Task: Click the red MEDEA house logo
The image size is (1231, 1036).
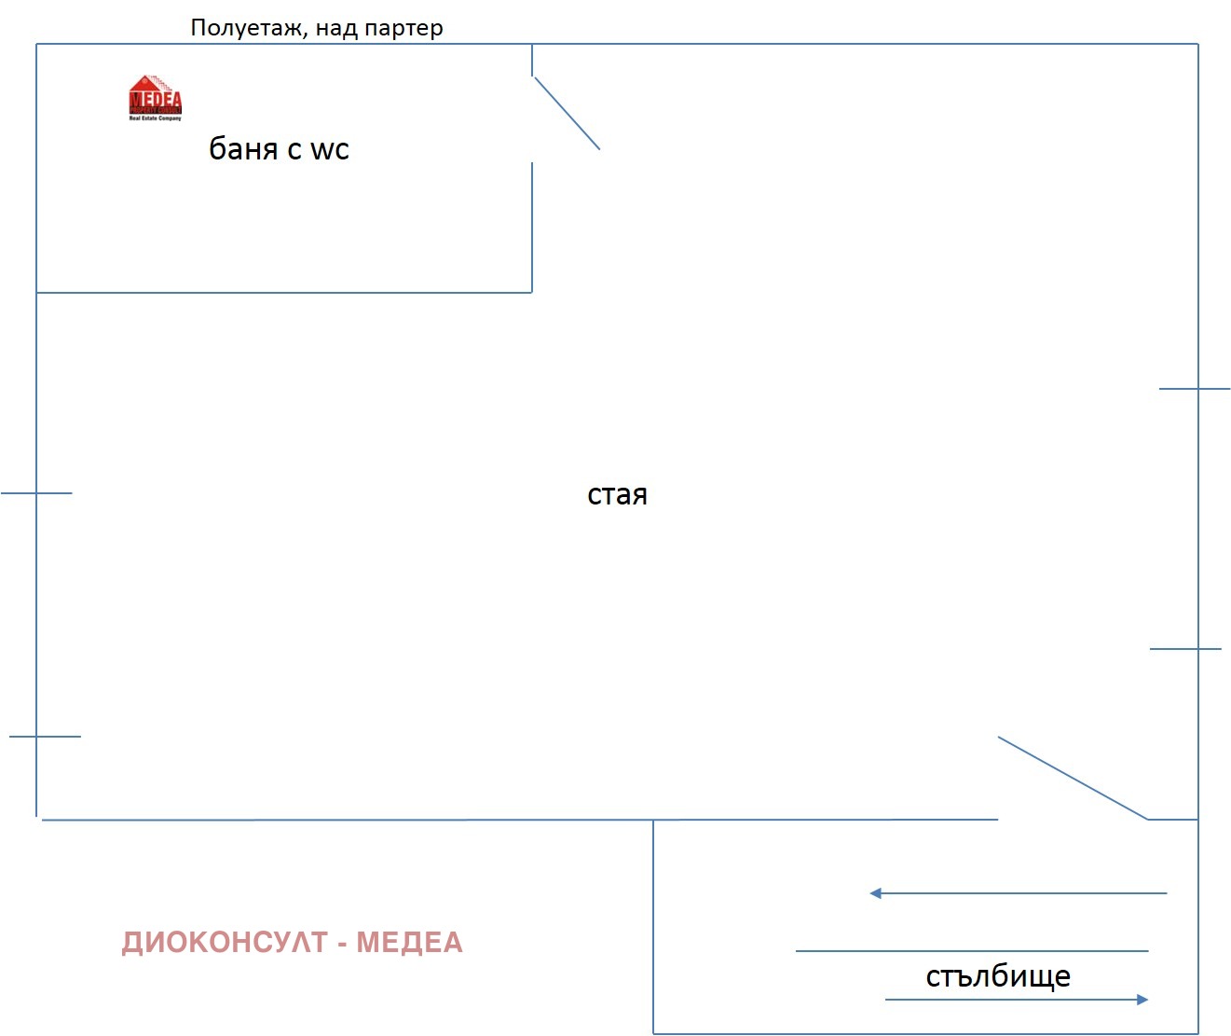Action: (x=155, y=97)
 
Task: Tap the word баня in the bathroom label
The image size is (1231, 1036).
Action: (x=242, y=149)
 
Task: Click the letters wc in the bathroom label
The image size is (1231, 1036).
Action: (x=329, y=150)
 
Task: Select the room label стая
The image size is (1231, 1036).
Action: (x=617, y=495)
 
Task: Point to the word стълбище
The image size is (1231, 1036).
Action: (x=998, y=976)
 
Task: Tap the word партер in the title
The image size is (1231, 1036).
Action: (x=403, y=29)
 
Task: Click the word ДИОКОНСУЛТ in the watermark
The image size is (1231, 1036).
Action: (x=225, y=943)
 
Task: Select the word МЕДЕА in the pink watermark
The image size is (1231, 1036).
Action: (x=409, y=943)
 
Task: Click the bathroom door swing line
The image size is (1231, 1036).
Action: (x=567, y=113)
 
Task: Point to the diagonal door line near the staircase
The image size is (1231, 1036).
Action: (x=1073, y=779)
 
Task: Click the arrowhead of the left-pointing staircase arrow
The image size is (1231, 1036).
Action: (x=875, y=893)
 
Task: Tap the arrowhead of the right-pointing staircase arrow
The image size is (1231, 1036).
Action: (x=1142, y=1000)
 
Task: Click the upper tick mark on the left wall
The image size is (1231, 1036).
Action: (x=36, y=493)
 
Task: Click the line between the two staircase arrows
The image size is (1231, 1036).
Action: (x=972, y=951)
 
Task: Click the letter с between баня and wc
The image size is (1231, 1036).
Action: (x=294, y=150)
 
